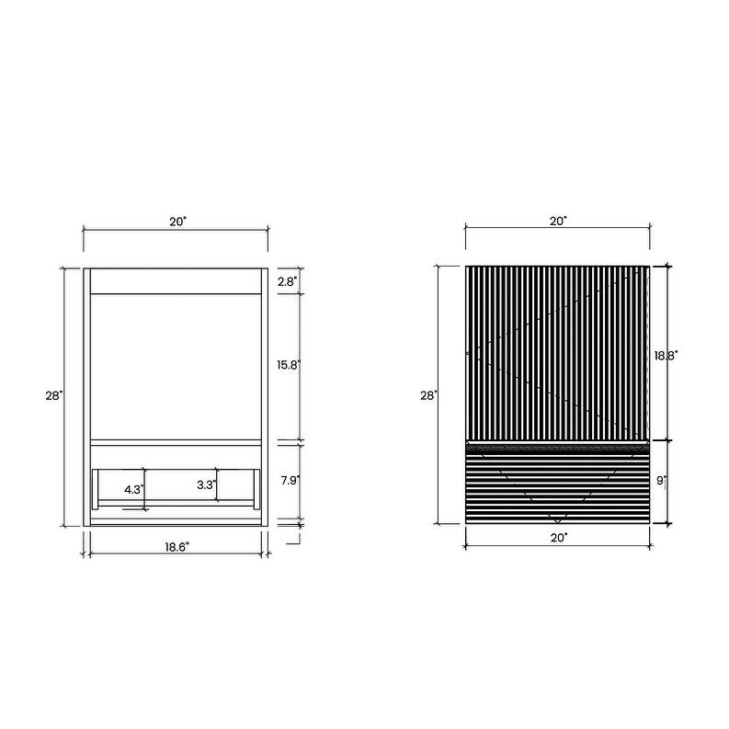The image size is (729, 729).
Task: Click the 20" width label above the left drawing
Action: point(177,222)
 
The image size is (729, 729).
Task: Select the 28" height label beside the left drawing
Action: point(54,394)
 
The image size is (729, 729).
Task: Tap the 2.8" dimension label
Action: point(288,281)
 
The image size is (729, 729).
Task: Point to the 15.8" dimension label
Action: point(289,365)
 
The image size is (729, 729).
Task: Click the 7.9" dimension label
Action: point(289,479)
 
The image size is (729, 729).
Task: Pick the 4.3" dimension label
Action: point(134,490)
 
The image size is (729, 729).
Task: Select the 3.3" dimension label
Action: point(206,484)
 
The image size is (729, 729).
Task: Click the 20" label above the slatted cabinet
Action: point(557,222)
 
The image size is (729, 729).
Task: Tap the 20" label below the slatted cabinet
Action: point(557,537)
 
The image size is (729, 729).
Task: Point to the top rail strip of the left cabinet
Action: point(177,281)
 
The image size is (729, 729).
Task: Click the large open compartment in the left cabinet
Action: point(177,366)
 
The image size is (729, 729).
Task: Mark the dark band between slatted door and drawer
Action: point(557,447)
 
